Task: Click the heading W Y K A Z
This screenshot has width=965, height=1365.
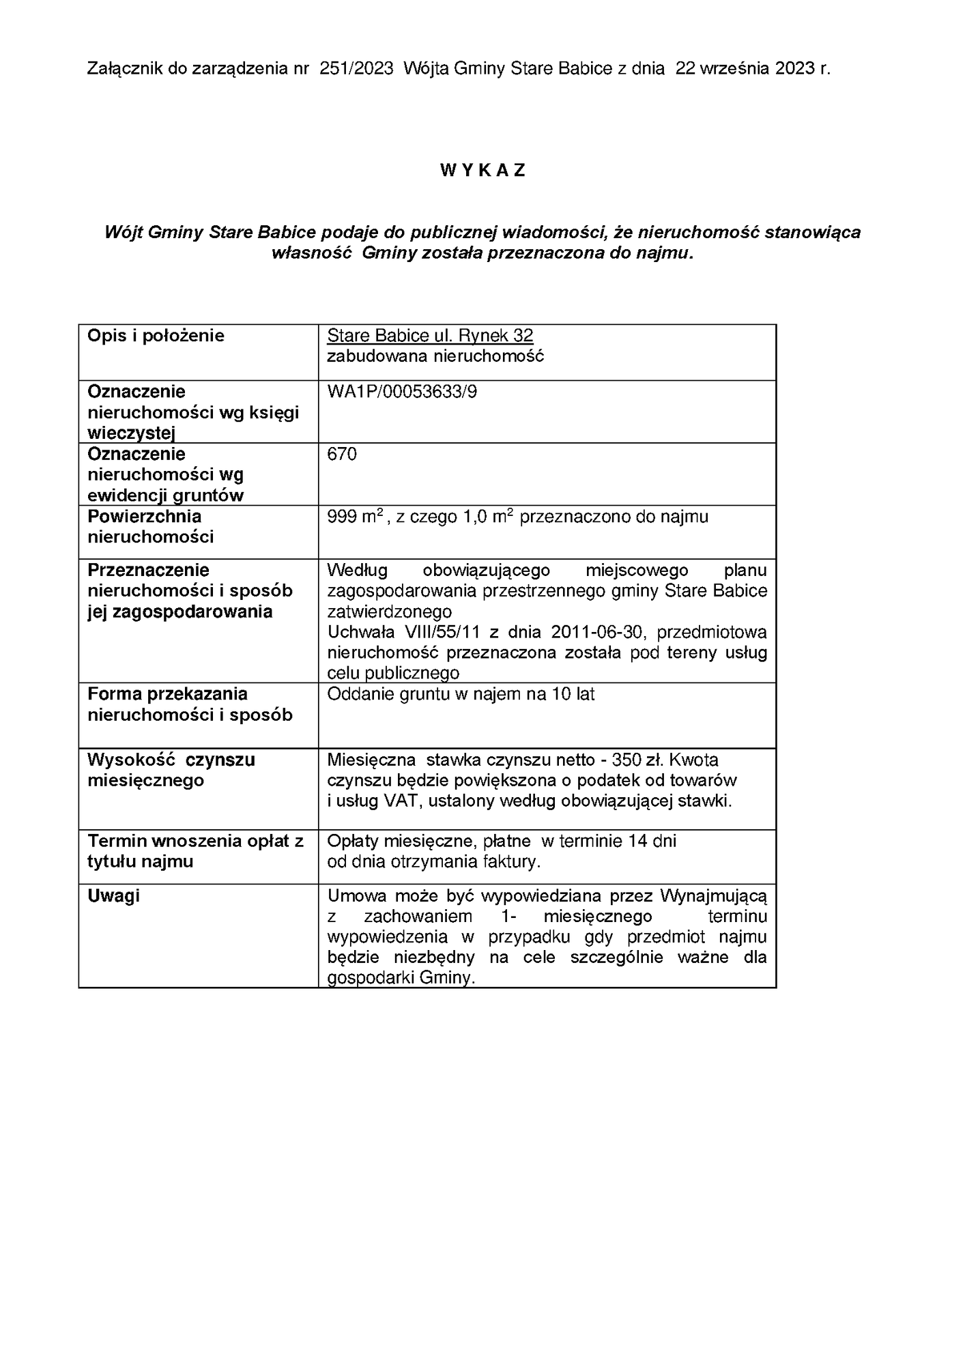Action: tap(482, 171)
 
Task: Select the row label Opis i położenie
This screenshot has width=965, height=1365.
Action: tap(156, 336)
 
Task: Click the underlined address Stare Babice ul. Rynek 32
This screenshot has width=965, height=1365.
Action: tap(430, 336)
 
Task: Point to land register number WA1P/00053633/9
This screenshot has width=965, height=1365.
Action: tap(402, 392)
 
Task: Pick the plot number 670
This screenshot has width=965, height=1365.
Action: tap(342, 455)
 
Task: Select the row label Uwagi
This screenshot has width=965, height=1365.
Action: tap(113, 895)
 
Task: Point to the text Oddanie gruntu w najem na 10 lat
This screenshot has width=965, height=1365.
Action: tap(461, 695)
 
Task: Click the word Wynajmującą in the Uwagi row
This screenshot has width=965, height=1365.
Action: tap(712, 895)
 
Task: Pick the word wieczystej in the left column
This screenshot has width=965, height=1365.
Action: tap(132, 434)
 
